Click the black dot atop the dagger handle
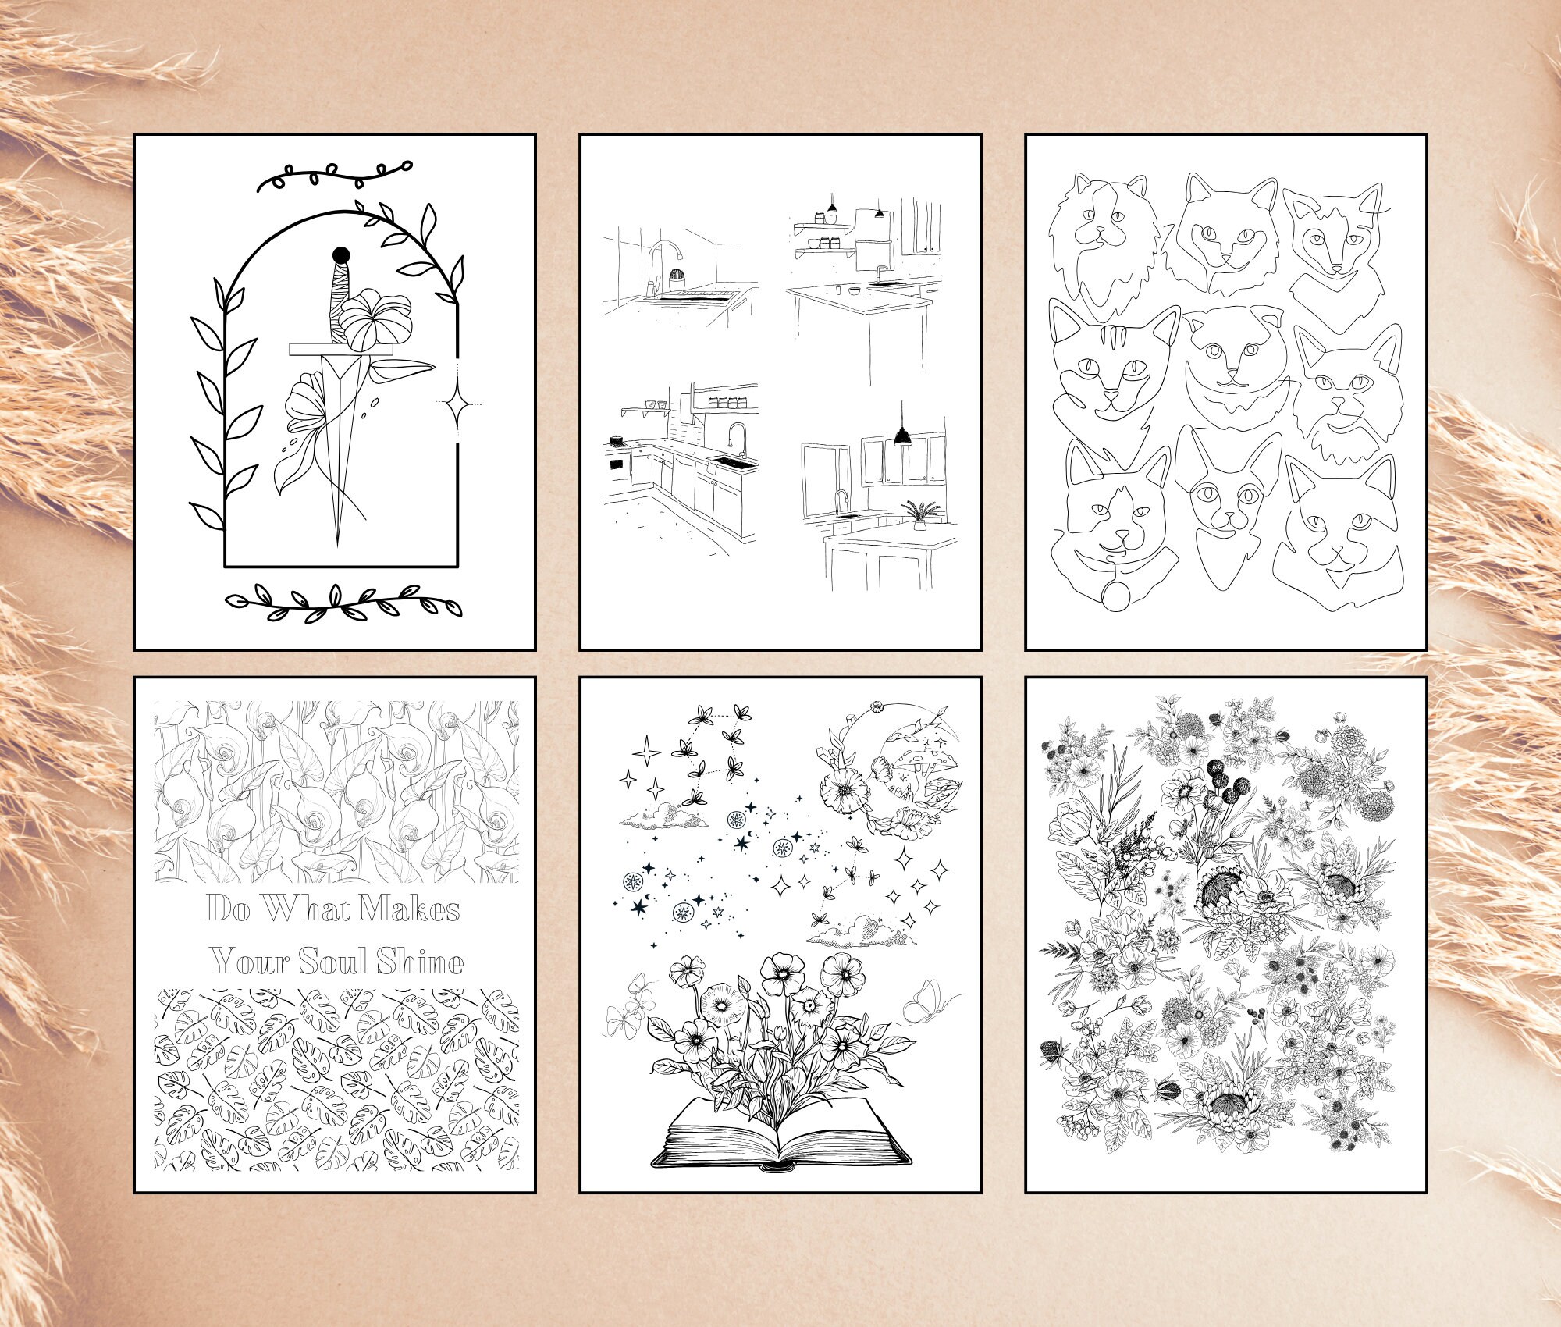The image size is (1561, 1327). pyautogui.click(x=340, y=254)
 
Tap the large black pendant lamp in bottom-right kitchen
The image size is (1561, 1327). pyautogui.click(x=904, y=436)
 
